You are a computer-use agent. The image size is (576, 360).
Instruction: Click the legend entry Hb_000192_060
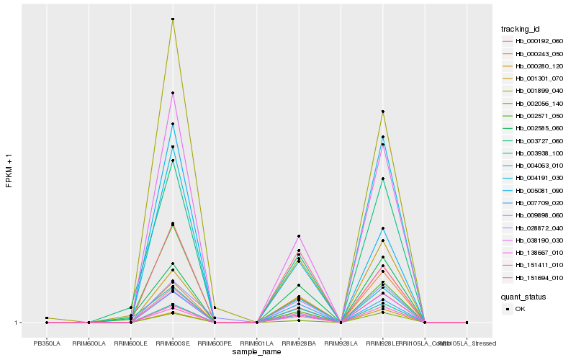534,41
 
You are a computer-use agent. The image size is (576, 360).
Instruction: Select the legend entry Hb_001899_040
534,91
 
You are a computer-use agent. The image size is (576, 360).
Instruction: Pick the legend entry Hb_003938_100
534,153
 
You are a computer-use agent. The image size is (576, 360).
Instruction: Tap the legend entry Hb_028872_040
534,228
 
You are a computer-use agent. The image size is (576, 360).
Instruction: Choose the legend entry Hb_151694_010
534,277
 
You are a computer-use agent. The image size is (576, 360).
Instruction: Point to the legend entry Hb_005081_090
534,190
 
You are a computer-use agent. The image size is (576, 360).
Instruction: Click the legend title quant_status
523,296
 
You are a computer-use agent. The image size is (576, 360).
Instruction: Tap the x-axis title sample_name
257,352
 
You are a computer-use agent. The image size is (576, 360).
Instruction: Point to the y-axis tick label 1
17,323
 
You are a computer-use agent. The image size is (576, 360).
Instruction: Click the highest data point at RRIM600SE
173,19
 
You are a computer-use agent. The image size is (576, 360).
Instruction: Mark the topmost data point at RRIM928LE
383,112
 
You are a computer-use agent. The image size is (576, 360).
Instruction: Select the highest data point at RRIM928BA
299,236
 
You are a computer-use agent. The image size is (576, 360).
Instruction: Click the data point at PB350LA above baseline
46,318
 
